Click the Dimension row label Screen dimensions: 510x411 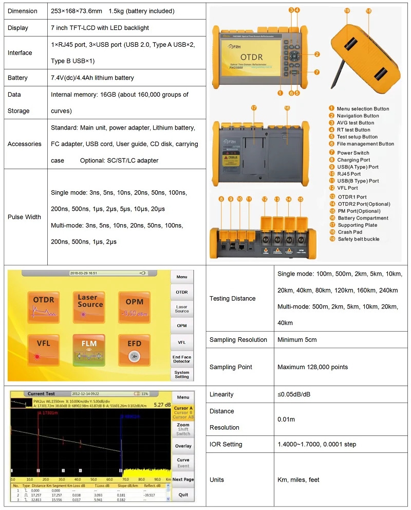23,11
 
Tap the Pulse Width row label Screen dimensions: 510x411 24,217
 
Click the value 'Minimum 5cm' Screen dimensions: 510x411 297,340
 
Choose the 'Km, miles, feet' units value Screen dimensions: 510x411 298,480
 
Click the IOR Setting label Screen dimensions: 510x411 226,444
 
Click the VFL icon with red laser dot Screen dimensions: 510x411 44,348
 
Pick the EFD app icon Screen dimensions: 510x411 134,348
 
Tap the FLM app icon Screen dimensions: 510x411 89,348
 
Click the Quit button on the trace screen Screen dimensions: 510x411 183,495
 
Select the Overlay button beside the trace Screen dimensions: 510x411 183,446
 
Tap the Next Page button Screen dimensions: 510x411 183,479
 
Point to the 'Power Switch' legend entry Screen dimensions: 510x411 353,153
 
